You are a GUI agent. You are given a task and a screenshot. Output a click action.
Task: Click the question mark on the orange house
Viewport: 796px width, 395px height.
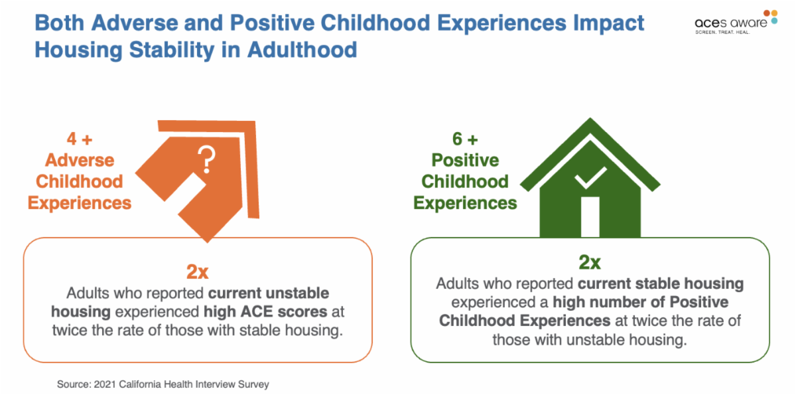(207, 159)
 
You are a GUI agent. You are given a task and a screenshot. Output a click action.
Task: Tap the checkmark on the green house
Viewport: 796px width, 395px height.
(590, 177)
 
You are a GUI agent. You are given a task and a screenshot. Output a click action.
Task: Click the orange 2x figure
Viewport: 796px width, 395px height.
(198, 271)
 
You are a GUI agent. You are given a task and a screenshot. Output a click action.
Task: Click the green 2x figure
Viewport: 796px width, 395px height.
(590, 262)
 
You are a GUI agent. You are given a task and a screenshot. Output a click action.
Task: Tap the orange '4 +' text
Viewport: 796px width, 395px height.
(80, 139)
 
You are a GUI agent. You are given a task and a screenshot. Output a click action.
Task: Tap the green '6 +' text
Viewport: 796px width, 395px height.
(465, 139)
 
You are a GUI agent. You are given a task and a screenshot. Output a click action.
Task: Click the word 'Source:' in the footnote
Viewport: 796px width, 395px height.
(73, 384)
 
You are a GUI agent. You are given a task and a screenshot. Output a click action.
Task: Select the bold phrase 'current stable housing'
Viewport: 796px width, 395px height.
(661, 283)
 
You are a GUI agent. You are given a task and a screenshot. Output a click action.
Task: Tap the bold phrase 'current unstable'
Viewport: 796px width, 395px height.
(269, 293)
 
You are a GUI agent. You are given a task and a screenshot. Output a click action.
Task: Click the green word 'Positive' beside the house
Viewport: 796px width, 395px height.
(465, 160)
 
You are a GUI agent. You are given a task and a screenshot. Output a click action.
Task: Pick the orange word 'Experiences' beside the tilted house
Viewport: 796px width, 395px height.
(80, 202)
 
